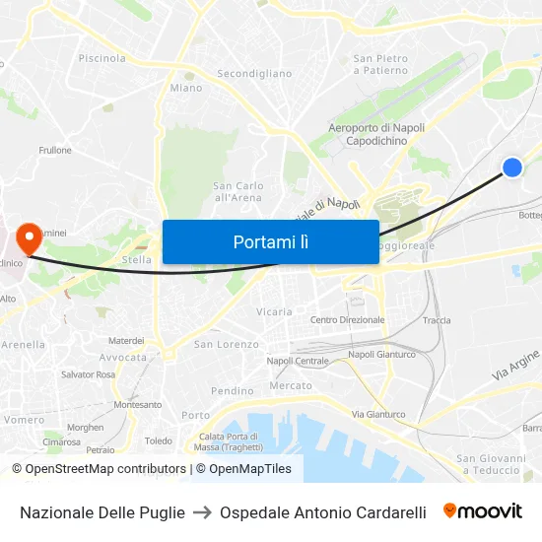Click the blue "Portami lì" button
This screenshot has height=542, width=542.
coord(270,241)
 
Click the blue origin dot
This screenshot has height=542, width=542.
coord(512,168)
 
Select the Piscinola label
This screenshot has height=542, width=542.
coord(102,58)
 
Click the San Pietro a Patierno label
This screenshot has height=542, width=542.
coord(380,64)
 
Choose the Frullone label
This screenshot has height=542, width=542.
coord(55,150)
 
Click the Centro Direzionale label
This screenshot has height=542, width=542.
coord(347,320)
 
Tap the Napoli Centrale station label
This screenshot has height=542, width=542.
coord(298,361)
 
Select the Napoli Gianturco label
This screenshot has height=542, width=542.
coord(381,354)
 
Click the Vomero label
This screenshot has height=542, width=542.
coord(25,420)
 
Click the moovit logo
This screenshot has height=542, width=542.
coord(482,511)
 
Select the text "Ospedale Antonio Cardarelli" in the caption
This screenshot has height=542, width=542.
coord(323,512)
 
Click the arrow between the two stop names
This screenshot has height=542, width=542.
coord(202,512)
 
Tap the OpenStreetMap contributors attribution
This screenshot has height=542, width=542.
coord(99,469)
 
